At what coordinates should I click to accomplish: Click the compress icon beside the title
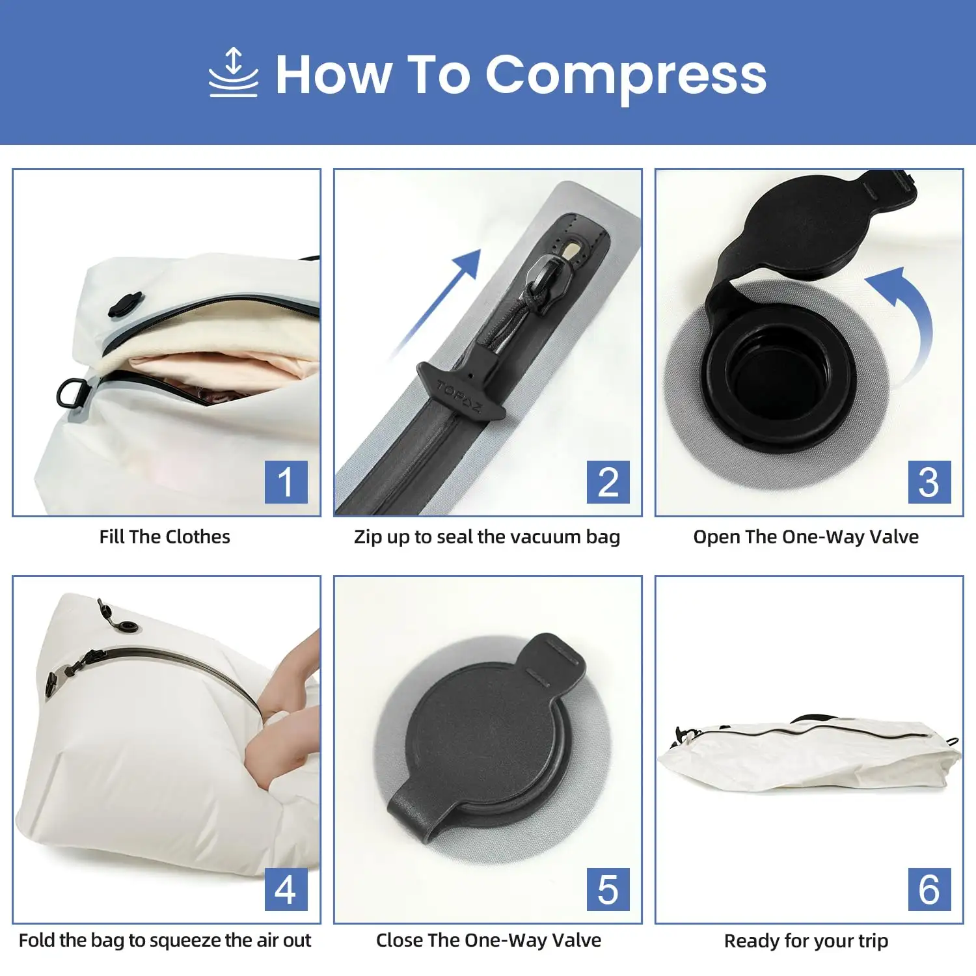coord(234,73)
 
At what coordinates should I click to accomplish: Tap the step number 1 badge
coord(286,482)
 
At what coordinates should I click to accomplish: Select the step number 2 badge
coord(608,482)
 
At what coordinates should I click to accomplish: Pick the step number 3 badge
coord(929,482)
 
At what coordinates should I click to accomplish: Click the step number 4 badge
coord(286,889)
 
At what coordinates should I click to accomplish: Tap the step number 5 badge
coord(608,889)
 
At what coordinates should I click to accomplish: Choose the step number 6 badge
coord(929,889)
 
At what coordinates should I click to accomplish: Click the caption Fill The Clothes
coord(165,537)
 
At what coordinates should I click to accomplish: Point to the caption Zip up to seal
coord(487,537)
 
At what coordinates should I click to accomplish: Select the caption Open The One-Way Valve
coord(806,537)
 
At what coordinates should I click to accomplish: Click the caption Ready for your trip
coord(806,941)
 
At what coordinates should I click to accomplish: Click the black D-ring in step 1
coord(70,394)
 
